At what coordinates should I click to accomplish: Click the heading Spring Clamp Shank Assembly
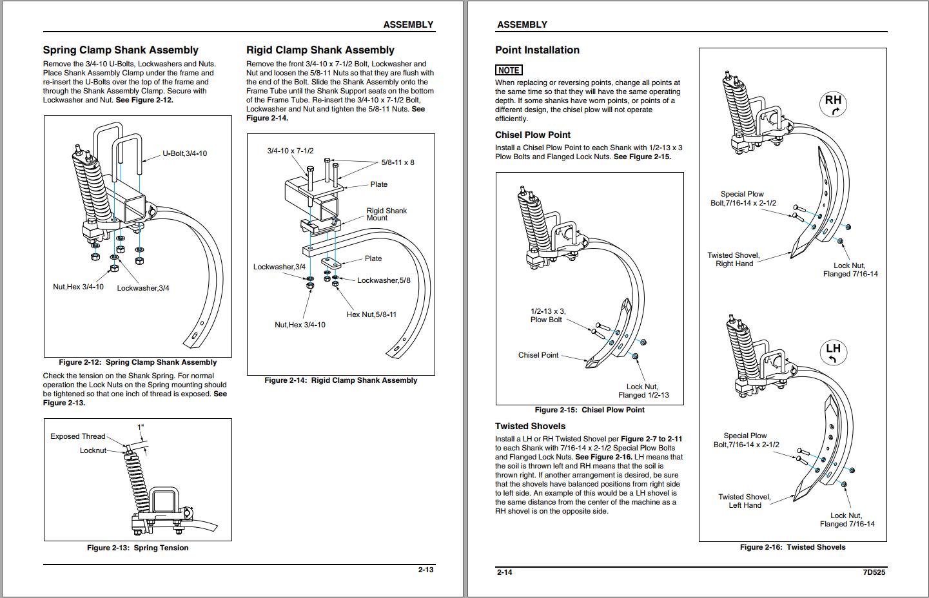click(121, 50)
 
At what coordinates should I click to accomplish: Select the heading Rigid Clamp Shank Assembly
click(320, 50)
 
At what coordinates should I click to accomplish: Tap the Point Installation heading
click(537, 50)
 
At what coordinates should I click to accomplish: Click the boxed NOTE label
click(509, 70)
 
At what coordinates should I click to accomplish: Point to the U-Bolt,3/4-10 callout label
click(184, 154)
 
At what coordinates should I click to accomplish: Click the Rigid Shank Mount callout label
click(386, 215)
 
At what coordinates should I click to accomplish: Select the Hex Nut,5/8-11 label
click(371, 314)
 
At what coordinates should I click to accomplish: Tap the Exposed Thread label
click(77, 436)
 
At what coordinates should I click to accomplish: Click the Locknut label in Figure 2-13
click(93, 450)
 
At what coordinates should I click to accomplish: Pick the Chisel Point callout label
click(538, 355)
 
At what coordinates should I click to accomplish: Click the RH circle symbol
click(833, 103)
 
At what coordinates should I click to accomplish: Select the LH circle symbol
click(833, 352)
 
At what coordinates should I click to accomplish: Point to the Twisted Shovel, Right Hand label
click(734, 260)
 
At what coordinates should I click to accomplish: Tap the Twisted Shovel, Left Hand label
click(745, 501)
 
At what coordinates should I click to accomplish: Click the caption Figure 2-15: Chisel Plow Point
click(589, 410)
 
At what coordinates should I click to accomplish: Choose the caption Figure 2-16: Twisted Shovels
click(792, 547)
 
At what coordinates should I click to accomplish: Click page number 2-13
click(425, 570)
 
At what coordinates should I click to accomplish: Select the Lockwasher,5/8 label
click(384, 280)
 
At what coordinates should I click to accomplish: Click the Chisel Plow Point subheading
click(533, 135)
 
